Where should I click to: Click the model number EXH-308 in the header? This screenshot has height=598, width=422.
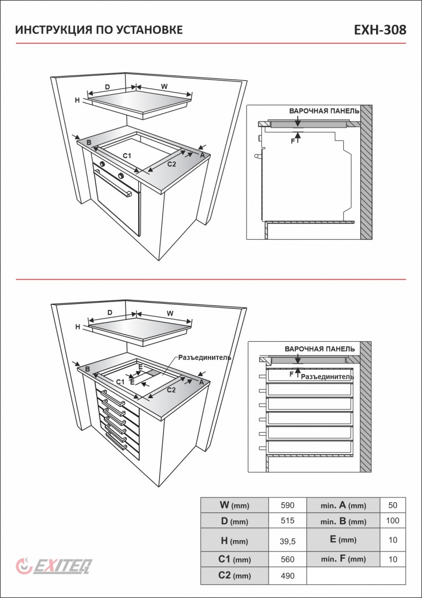click(380, 30)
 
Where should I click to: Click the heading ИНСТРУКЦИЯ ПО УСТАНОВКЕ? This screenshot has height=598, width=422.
click(99, 30)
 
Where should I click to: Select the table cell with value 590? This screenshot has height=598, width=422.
click(287, 505)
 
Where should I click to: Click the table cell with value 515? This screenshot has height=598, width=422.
click(287, 522)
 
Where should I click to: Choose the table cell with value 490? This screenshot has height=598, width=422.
click(287, 576)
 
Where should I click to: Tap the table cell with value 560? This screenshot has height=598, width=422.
click(287, 559)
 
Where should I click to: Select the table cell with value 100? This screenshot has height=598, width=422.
click(393, 522)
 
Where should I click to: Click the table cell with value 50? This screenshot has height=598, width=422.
click(393, 505)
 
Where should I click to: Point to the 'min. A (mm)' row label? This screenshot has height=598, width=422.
click(343, 505)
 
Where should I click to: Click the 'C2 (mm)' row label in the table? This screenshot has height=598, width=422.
click(234, 576)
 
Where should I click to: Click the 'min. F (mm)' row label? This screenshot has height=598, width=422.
click(343, 559)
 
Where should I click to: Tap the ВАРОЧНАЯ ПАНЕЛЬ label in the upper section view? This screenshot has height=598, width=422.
click(324, 111)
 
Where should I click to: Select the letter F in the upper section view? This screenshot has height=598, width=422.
click(293, 142)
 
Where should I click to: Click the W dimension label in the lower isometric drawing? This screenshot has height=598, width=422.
click(170, 313)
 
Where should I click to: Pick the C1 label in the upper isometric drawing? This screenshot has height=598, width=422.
click(127, 156)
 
